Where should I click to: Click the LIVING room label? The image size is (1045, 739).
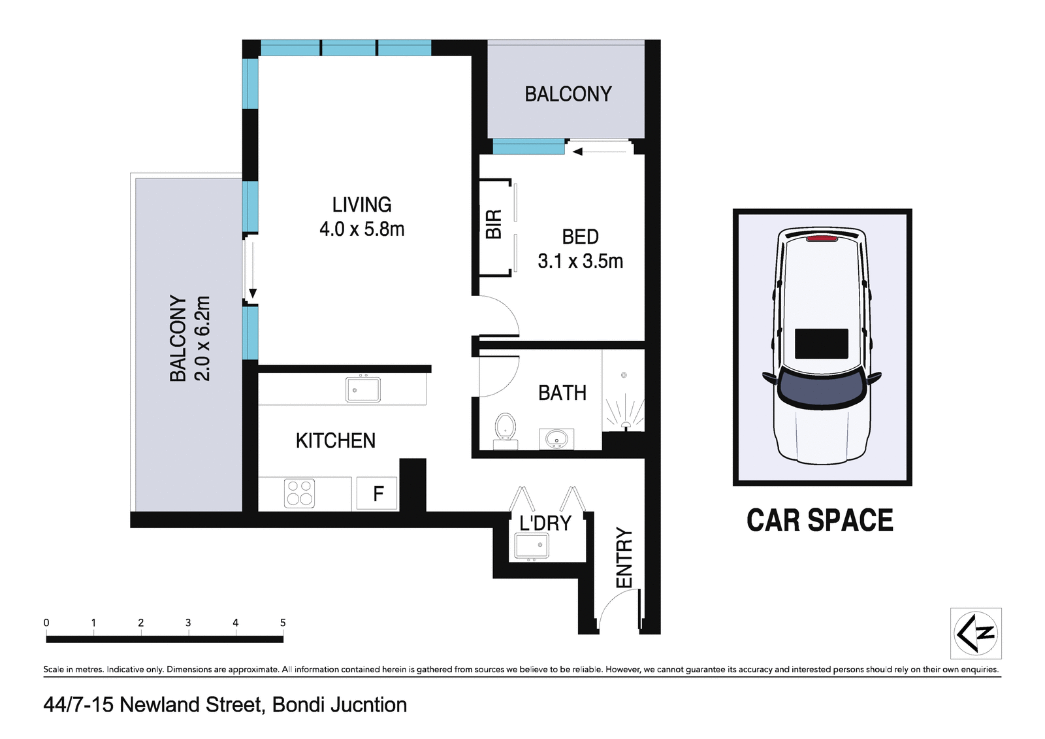(361, 205)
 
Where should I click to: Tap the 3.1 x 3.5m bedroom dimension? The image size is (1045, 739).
(580, 261)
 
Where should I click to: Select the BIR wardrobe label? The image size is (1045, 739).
(494, 224)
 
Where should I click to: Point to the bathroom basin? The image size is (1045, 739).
(556, 438)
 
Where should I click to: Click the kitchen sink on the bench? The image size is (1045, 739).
(362, 390)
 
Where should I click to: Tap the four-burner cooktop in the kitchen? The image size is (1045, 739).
(300, 493)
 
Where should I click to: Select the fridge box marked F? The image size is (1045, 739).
(378, 494)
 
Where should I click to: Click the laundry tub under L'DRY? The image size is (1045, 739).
(532, 546)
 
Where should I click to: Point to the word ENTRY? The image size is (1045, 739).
(624, 557)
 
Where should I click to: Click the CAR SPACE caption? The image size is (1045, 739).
(820, 521)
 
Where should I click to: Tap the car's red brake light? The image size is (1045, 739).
(822, 238)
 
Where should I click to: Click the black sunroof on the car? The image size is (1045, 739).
(821, 344)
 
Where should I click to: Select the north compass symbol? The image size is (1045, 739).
(975, 633)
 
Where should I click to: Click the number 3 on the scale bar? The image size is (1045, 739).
(188, 623)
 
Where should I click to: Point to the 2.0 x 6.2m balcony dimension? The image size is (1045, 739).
(202, 338)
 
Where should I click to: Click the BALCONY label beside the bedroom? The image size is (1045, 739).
(568, 94)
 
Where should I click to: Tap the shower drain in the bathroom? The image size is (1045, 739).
(624, 375)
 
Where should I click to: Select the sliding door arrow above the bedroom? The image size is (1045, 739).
(578, 152)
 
